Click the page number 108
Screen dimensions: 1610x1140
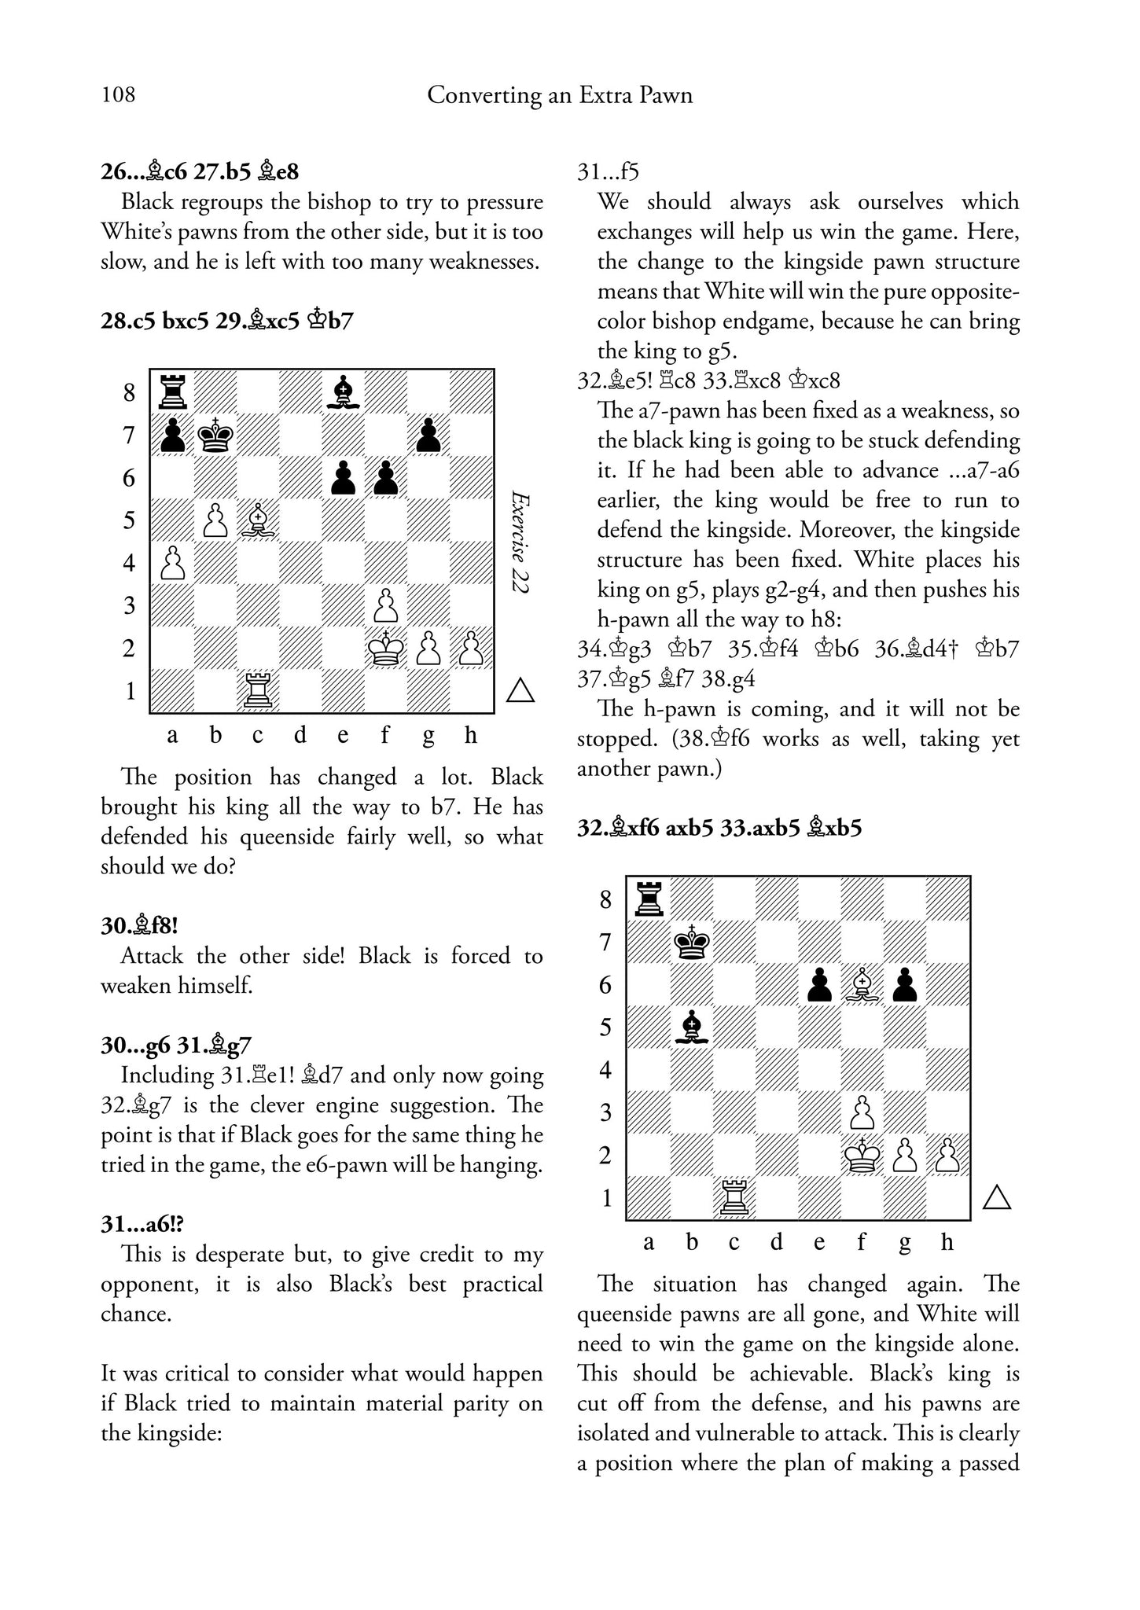click(x=118, y=95)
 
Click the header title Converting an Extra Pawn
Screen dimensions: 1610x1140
click(x=560, y=96)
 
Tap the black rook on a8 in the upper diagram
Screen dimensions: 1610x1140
click(x=172, y=391)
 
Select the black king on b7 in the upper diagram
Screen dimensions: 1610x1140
click(x=215, y=434)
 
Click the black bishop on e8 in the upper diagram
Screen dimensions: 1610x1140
click(x=343, y=391)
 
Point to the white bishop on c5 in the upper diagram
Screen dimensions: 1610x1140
click(x=258, y=520)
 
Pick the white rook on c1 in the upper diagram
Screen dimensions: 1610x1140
click(x=258, y=690)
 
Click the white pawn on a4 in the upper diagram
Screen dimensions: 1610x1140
click(x=172, y=562)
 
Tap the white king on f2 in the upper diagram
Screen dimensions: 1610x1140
click(x=385, y=648)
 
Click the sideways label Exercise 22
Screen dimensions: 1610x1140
click(x=520, y=542)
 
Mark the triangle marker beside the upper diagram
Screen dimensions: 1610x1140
click(x=520, y=690)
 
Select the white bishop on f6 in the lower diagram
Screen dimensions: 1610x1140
click(x=862, y=984)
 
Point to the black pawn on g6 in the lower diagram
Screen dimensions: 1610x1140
click(x=906, y=984)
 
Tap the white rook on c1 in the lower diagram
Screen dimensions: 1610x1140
click(x=734, y=1197)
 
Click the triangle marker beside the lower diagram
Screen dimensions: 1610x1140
click(x=997, y=1197)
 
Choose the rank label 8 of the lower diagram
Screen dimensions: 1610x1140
click(x=605, y=899)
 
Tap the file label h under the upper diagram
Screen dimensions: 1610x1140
click(x=471, y=736)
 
